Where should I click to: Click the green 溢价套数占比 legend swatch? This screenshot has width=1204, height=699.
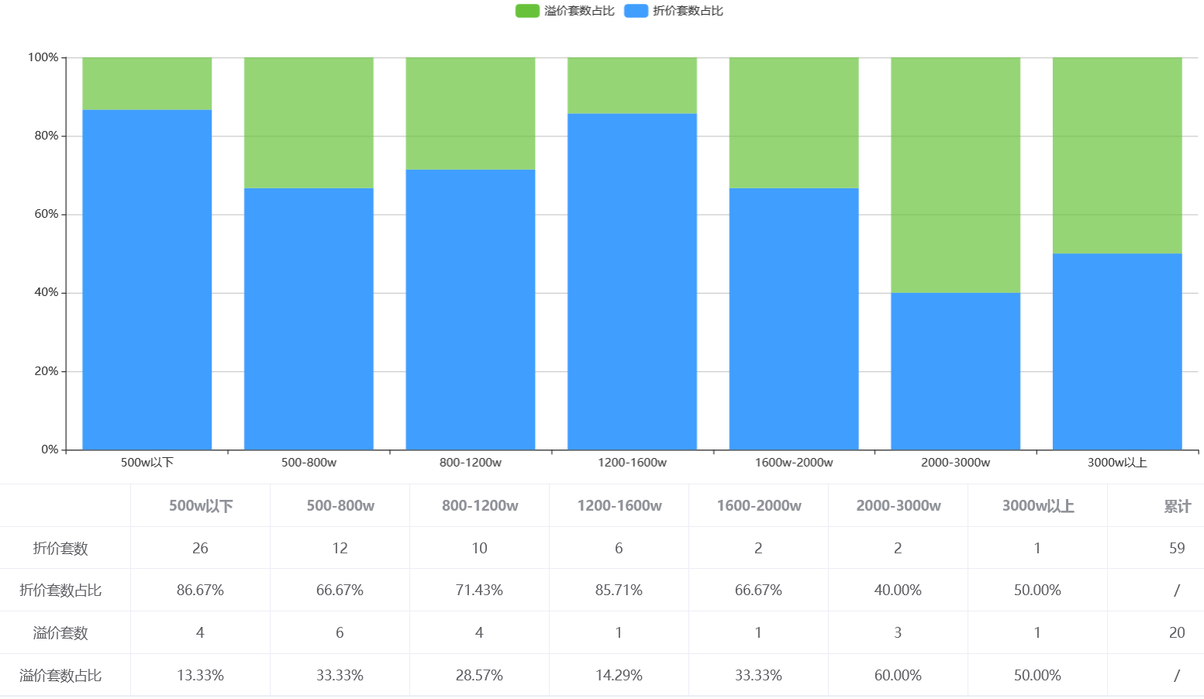[x=527, y=11]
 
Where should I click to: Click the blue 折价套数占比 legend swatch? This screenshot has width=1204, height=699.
[x=636, y=11]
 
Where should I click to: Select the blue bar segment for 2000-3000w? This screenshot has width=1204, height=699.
[x=955, y=371]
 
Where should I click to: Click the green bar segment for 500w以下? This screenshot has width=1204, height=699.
[x=147, y=84]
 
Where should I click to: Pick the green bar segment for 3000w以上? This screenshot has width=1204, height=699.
[x=1117, y=155]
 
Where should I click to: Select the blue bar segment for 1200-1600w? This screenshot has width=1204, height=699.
[x=632, y=281]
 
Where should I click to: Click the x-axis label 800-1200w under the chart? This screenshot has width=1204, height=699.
[x=471, y=463]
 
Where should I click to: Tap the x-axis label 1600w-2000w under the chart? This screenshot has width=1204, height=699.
[x=794, y=463]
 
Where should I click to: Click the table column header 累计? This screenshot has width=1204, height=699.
[x=1177, y=506]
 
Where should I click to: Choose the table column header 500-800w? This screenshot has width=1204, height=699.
[x=340, y=506]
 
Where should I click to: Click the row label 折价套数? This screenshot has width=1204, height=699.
[x=60, y=549]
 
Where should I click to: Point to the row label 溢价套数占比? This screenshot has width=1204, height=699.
[x=60, y=676]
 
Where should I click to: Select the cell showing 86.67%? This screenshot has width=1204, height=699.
[x=200, y=591]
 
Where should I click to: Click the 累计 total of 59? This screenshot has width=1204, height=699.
[x=1177, y=549]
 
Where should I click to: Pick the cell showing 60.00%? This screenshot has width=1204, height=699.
[x=898, y=676]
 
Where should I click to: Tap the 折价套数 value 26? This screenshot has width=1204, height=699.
[x=200, y=549]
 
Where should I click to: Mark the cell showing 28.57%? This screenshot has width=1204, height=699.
[x=479, y=676]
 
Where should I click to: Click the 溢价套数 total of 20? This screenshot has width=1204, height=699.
[x=1177, y=633]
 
